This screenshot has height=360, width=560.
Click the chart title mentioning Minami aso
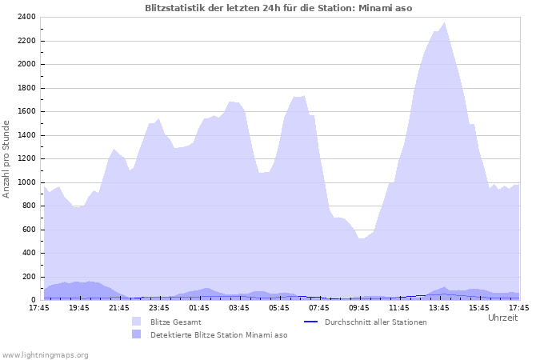tap(278, 7)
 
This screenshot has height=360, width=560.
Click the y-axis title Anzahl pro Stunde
tap(6, 158)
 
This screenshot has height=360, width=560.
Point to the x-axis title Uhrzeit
tap(502, 318)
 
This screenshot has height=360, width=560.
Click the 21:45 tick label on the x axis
tap(118, 307)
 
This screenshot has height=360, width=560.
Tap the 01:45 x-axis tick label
tap(198, 307)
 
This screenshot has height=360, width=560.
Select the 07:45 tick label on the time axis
tap(318, 307)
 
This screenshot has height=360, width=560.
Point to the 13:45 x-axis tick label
tap(438, 307)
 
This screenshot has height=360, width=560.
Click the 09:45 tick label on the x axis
tap(358, 307)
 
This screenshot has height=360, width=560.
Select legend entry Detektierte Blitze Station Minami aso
tap(218, 334)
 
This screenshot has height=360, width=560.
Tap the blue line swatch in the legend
tap(310, 322)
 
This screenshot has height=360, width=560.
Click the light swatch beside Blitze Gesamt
tap(137, 322)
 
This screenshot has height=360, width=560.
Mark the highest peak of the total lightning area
tap(444, 23)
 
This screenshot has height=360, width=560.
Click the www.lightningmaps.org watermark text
tap(45, 354)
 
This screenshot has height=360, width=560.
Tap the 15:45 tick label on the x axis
tap(478, 307)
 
